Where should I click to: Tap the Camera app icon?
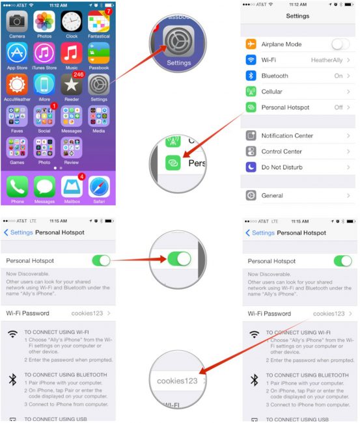(x=16, y=21)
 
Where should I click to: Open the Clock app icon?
(x=72, y=21)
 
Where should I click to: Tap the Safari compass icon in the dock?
(x=99, y=187)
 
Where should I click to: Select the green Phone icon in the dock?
(x=17, y=187)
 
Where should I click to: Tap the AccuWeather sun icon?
(x=17, y=84)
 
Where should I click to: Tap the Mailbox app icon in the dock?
(x=72, y=187)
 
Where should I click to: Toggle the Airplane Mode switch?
(x=340, y=44)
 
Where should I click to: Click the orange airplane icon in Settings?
(x=251, y=44)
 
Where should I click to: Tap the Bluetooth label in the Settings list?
(x=275, y=75)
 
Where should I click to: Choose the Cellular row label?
(x=272, y=92)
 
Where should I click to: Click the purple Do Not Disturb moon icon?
(x=251, y=167)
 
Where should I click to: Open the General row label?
(x=272, y=195)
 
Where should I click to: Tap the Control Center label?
(x=282, y=152)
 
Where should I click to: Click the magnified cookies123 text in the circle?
(x=176, y=380)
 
